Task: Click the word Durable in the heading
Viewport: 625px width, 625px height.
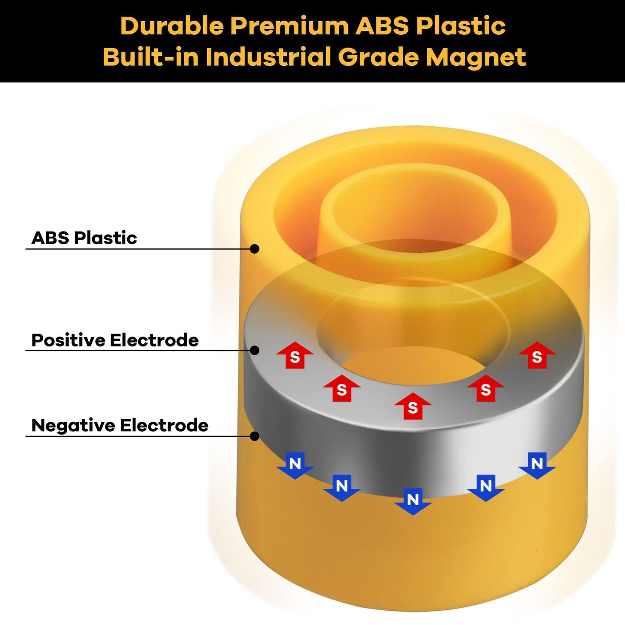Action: click(172, 26)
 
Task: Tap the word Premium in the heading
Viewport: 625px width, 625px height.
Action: click(289, 26)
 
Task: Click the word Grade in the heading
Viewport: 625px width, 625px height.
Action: click(378, 57)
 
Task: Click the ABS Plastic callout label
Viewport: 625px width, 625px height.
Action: click(84, 238)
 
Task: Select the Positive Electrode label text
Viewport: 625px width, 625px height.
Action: click(115, 340)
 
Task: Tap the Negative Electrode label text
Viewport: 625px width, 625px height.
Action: click(120, 426)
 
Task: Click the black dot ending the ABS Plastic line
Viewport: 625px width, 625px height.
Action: click(255, 249)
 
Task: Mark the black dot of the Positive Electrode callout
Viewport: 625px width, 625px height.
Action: click(255, 350)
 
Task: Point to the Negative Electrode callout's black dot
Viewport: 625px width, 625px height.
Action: click(255, 436)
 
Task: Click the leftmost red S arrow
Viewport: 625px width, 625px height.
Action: click(295, 356)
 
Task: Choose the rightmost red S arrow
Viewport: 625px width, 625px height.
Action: click(537, 356)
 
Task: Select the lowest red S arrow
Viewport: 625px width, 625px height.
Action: click(413, 406)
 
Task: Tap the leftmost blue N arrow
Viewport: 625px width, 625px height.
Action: click(295, 465)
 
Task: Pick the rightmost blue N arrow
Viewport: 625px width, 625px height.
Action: click(537, 465)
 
